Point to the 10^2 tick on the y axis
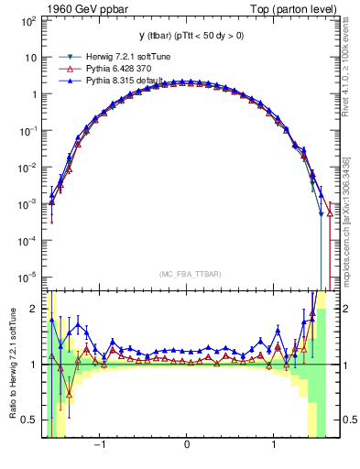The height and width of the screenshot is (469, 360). pyautogui.click(x=27, y=20)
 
